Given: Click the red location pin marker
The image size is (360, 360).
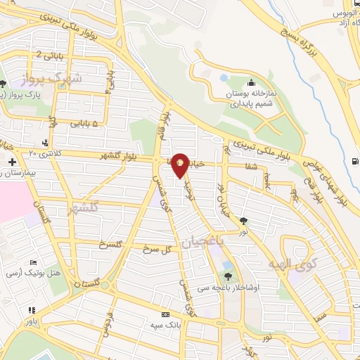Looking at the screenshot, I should click(181, 164).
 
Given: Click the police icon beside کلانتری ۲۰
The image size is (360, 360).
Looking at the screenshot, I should click(45, 143).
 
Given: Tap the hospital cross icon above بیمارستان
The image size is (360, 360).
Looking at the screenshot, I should click(12, 162).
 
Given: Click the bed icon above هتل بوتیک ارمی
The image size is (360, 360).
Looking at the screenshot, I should click(33, 262).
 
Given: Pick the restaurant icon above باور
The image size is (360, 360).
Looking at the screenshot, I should click(32, 310).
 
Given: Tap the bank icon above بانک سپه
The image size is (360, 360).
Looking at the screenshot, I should click(165, 315).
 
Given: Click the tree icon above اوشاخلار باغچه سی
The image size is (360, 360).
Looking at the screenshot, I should click(227, 276).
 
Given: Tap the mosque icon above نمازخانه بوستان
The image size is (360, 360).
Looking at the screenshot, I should click(250, 83).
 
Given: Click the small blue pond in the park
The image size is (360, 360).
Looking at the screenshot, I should click(223, 78).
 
